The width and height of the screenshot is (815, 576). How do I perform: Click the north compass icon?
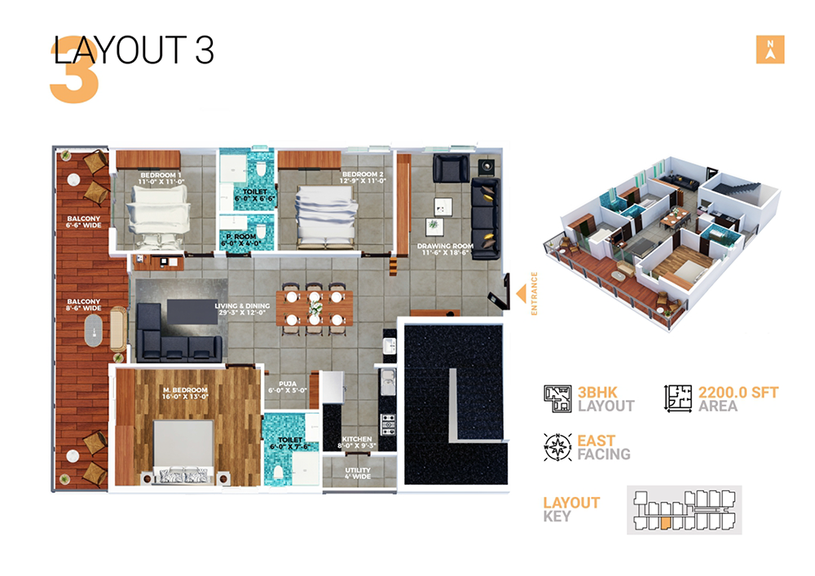(769, 50)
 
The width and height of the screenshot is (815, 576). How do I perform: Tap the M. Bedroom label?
(185, 394)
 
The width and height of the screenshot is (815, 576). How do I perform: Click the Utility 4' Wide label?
(358, 473)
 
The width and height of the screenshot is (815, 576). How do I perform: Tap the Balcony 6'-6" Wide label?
(84, 222)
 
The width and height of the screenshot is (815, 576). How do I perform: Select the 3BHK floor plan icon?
(557, 398)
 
